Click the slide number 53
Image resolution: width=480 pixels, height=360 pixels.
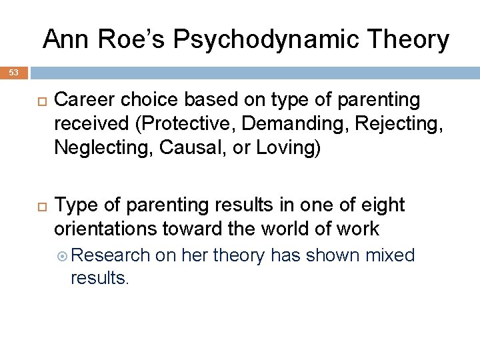pyautogui.click(x=14, y=72)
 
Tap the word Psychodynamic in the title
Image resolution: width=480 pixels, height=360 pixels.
pyautogui.click(x=267, y=40)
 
